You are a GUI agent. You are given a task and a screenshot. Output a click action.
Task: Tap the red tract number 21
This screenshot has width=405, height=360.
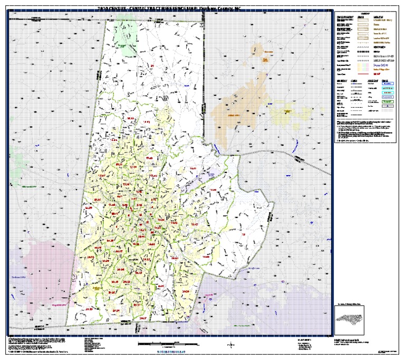153,65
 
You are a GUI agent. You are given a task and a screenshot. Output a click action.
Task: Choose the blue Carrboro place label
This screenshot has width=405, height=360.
19,277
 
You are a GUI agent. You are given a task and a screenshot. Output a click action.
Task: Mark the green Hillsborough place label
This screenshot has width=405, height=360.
25,186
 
